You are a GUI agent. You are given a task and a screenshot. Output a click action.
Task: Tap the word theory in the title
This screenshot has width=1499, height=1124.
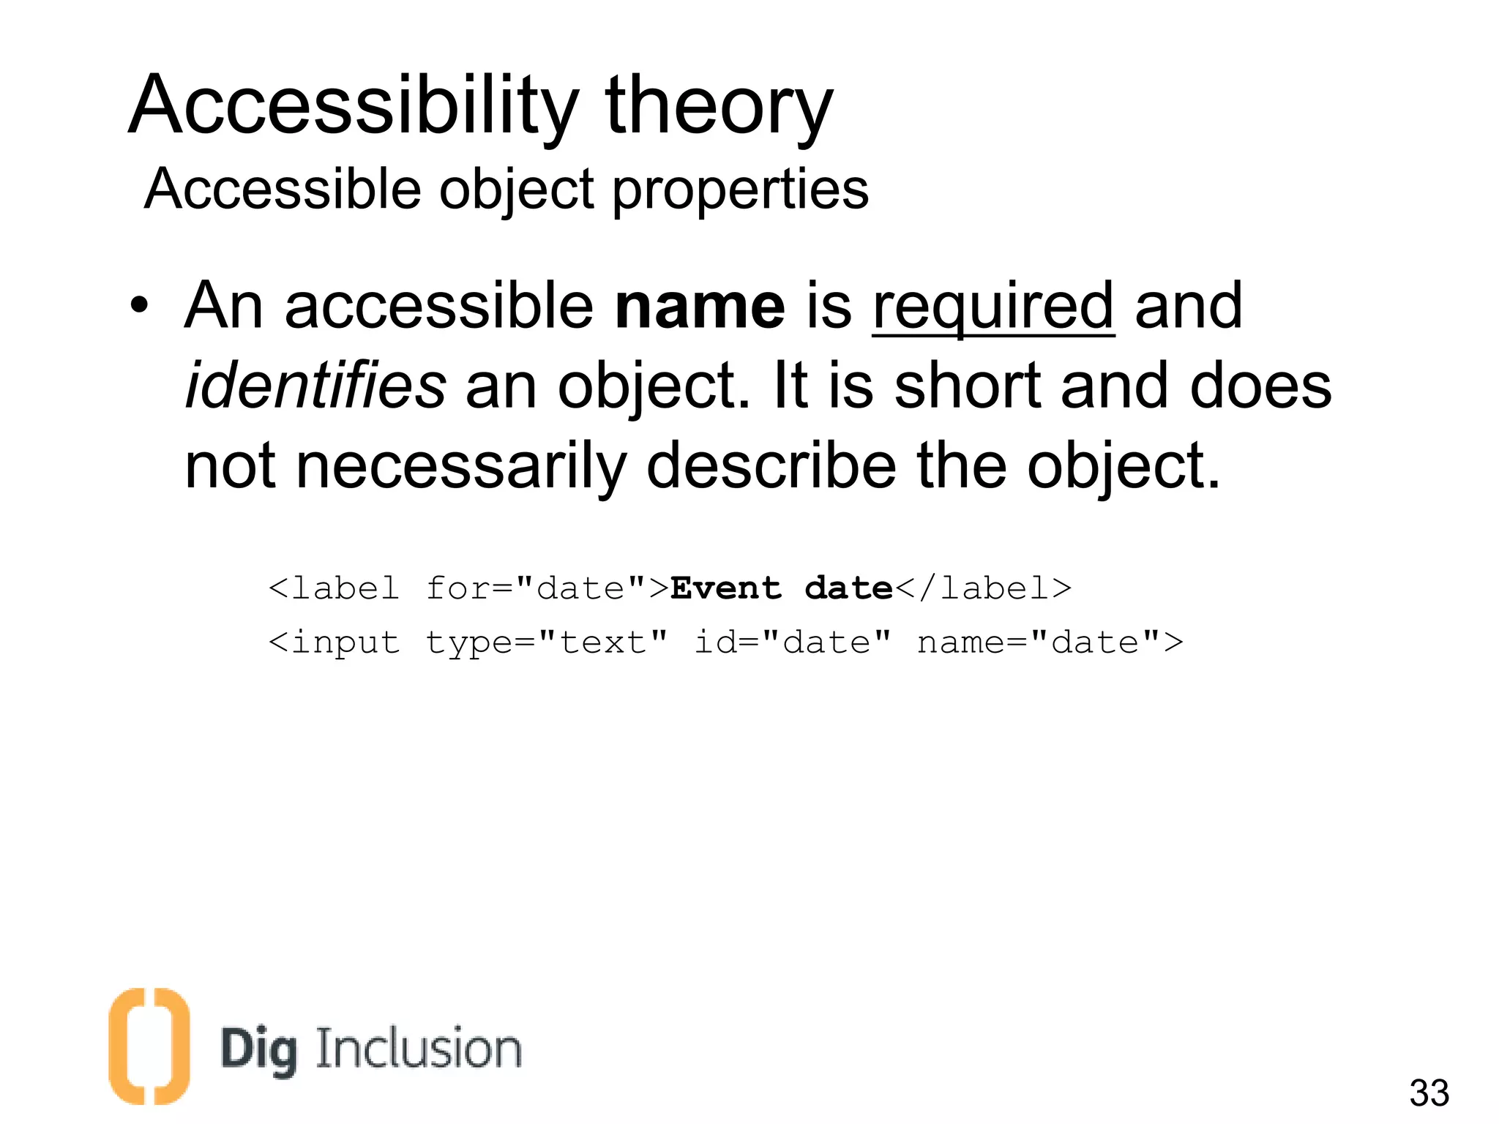click(719, 106)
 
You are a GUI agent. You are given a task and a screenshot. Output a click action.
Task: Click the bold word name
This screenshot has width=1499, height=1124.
click(700, 306)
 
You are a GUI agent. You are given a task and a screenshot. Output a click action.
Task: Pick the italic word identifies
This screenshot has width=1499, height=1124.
click(315, 386)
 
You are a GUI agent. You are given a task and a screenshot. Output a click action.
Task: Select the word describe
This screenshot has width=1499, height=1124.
click(771, 466)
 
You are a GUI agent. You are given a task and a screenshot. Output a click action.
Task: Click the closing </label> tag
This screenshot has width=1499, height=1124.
click(984, 588)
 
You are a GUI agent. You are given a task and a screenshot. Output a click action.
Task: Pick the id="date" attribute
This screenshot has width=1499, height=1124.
click(793, 642)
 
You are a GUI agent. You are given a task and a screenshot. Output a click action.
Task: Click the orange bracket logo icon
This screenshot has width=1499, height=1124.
click(149, 1046)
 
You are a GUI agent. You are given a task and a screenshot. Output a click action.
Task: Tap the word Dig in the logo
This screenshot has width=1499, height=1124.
click(259, 1051)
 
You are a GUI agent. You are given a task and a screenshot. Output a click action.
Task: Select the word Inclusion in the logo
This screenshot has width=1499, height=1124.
click(418, 1049)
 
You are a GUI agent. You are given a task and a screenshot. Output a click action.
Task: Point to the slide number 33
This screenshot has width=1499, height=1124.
click(1429, 1093)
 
